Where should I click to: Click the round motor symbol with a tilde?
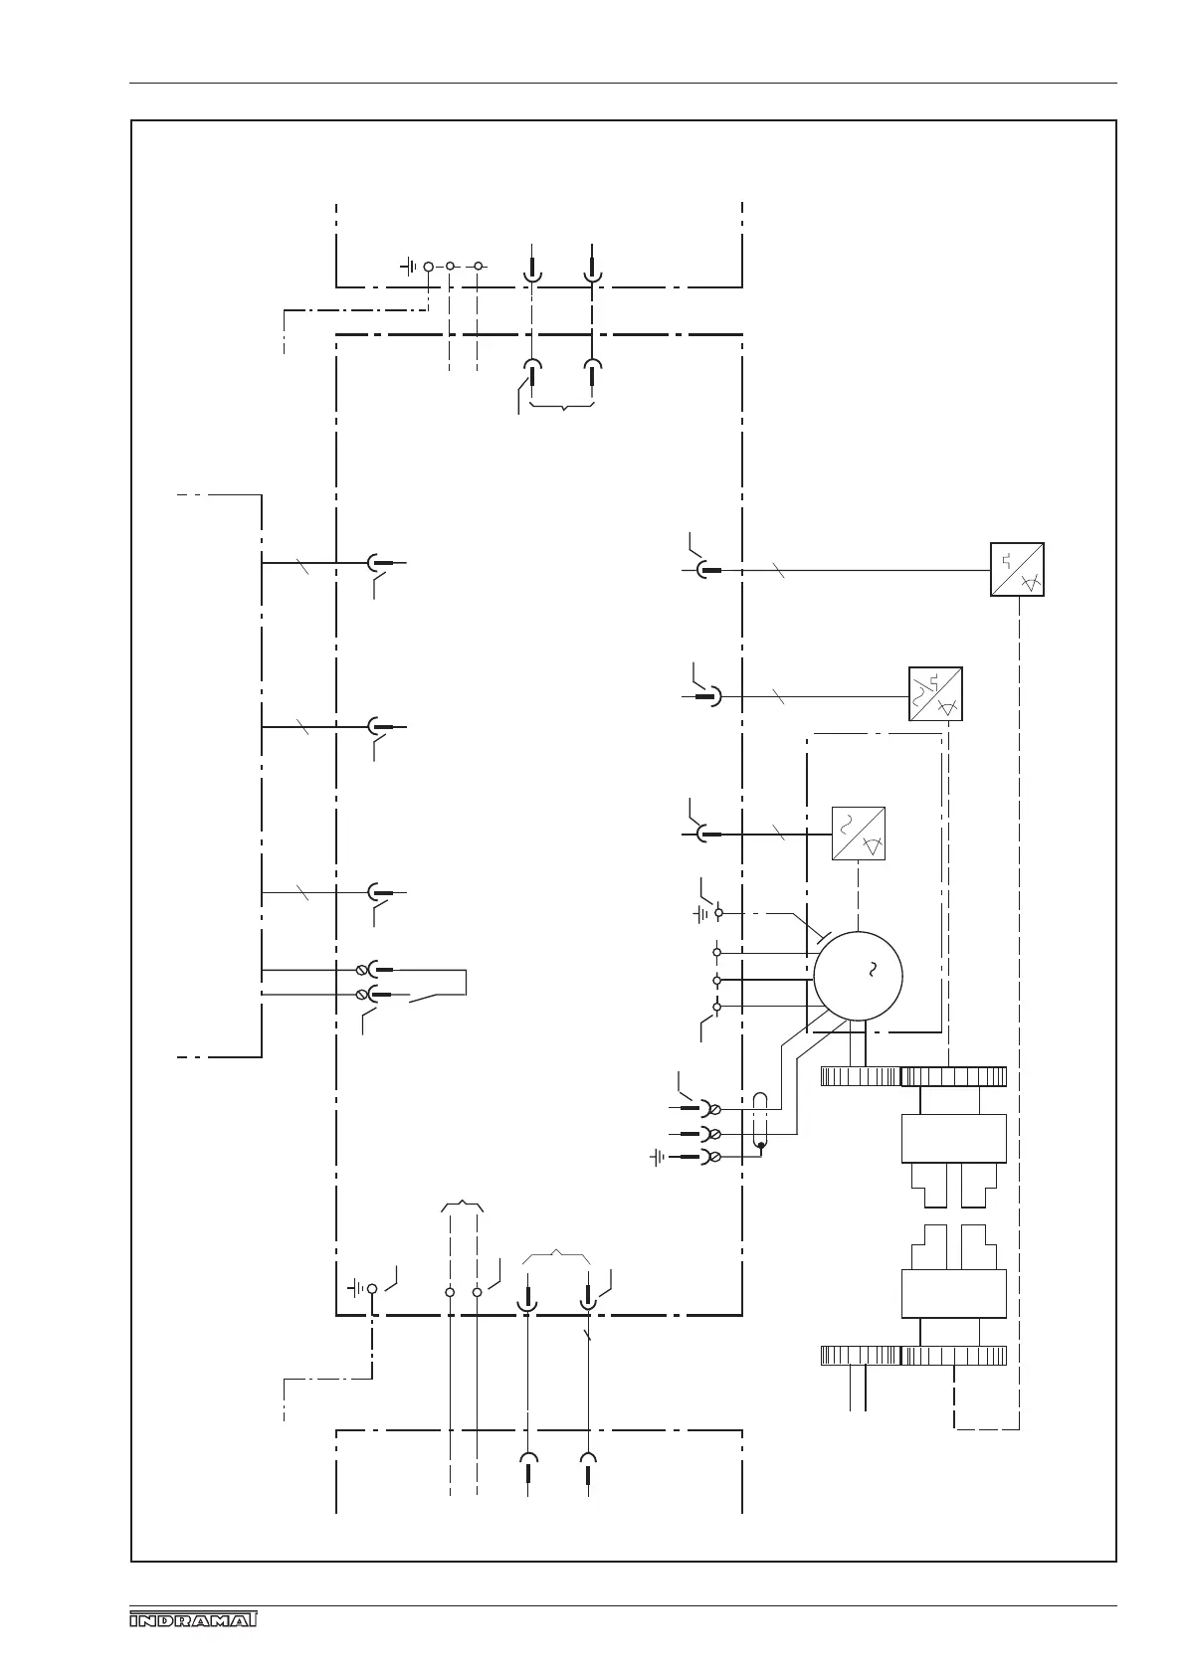pos(858,975)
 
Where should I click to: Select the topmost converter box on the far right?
pos(1017,569)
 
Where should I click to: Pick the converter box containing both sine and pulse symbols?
pos(935,693)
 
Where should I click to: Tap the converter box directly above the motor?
pos(858,834)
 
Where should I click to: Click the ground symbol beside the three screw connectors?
pos(659,1157)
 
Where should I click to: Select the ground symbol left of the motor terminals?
pos(702,912)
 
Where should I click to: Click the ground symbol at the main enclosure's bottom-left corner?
pos(356,1289)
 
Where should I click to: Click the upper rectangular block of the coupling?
pos(953,1138)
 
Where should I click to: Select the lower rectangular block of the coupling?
pos(953,1293)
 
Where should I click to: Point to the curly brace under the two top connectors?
pos(563,407)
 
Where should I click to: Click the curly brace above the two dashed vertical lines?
pos(463,1207)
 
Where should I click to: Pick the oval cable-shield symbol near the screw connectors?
pos(761,1120)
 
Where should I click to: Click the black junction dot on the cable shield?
pos(761,1146)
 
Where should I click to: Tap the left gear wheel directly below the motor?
pos(860,1076)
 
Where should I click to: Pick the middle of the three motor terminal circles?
pos(716,980)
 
